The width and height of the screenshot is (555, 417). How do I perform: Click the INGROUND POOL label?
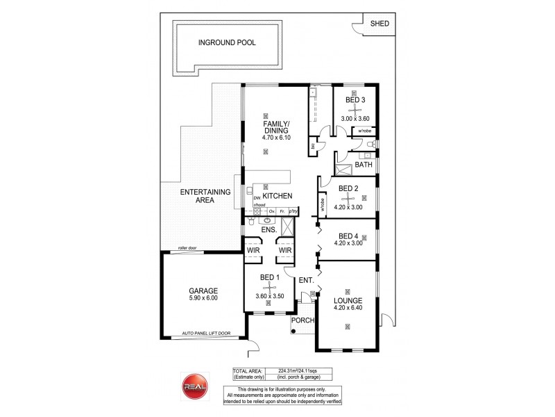click(227, 42)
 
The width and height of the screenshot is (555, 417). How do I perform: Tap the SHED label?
click(379, 24)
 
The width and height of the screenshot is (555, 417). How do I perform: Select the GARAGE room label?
click(203, 291)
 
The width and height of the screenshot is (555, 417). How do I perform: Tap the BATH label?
click(364, 165)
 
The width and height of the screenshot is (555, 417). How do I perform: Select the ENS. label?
click(269, 229)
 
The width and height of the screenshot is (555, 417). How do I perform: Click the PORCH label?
click(304, 320)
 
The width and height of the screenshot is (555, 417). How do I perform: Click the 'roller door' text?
click(188, 247)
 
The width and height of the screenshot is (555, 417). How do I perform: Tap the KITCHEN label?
click(277, 196)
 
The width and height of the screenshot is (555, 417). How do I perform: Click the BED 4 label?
click(348, 236)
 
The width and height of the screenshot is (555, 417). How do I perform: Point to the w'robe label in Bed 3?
click(366, 131)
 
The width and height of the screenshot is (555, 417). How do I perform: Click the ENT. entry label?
click(306, 281)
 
